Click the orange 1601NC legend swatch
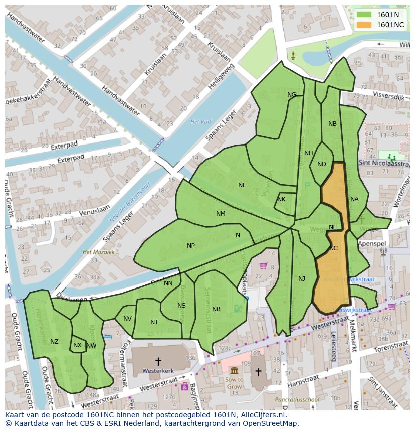364,25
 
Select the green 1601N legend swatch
364,15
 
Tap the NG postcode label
292,95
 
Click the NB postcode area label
332,124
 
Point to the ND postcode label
322,164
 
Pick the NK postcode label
281,199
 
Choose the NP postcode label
191,246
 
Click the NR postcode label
216,309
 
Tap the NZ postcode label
54,342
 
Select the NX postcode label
77,345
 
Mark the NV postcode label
127,319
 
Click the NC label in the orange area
334,248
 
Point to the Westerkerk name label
158,371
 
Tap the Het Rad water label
200,122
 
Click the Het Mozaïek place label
99,252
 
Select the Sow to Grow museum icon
234,370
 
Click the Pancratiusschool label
297,400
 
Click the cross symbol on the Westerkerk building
158,361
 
